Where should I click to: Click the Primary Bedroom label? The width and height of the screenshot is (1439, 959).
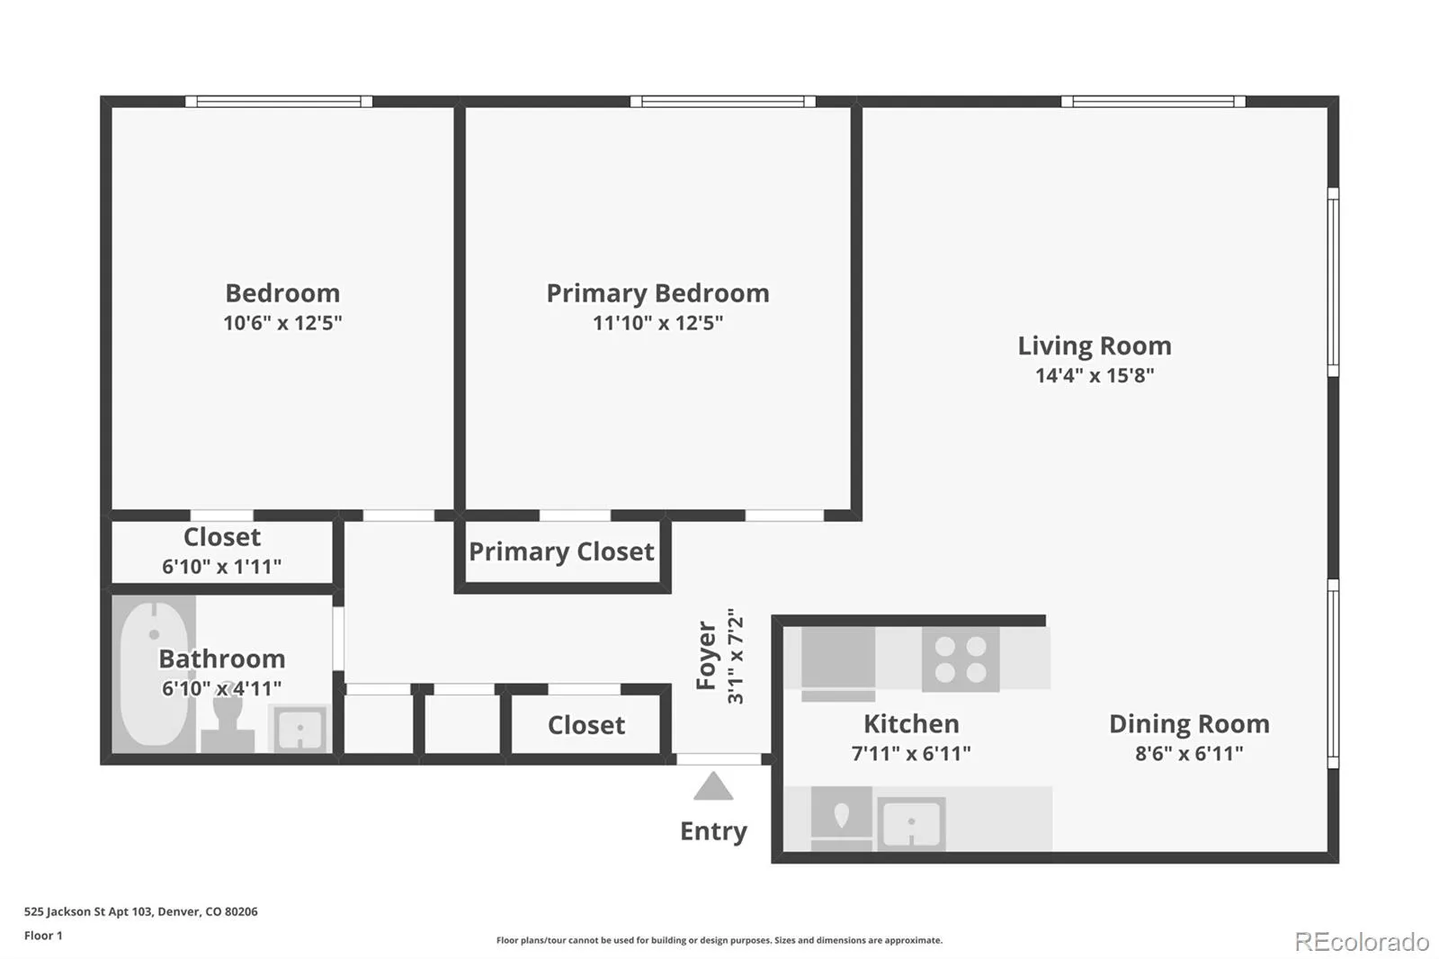pos(657,293)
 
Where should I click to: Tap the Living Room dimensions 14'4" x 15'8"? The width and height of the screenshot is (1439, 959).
pos(1095,375)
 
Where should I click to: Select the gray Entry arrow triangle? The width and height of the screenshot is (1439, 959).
pos(713,786)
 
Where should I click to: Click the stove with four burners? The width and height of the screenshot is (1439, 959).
pos(961,659)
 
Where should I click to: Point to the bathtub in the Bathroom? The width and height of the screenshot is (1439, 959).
pos(154,674)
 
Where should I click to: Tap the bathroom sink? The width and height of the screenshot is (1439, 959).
pos(300,729)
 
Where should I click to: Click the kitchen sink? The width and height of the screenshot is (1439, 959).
pos(911,824)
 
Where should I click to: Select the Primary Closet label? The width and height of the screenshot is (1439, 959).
pos(561,551)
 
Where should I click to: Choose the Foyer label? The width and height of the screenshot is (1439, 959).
pos(706,656)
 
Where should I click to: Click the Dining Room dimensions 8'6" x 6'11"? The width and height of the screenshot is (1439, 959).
pos(1189,753)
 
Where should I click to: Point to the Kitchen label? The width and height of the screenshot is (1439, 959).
pos(911,724)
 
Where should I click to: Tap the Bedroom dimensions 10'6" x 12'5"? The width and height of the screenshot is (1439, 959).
pos(282,322)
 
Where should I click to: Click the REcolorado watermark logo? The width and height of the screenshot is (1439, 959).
pos(1362,942)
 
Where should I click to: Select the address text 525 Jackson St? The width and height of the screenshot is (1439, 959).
pos(64,911)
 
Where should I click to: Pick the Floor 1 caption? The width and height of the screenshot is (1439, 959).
pos(43,936)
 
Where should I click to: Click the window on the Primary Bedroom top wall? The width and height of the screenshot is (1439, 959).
pos(723,102)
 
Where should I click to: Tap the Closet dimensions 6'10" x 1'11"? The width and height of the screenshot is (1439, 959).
pos(221,566)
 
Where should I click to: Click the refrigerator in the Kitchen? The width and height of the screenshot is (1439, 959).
pos(838,663)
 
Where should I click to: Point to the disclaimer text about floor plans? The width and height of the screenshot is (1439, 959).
pos(719,940)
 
